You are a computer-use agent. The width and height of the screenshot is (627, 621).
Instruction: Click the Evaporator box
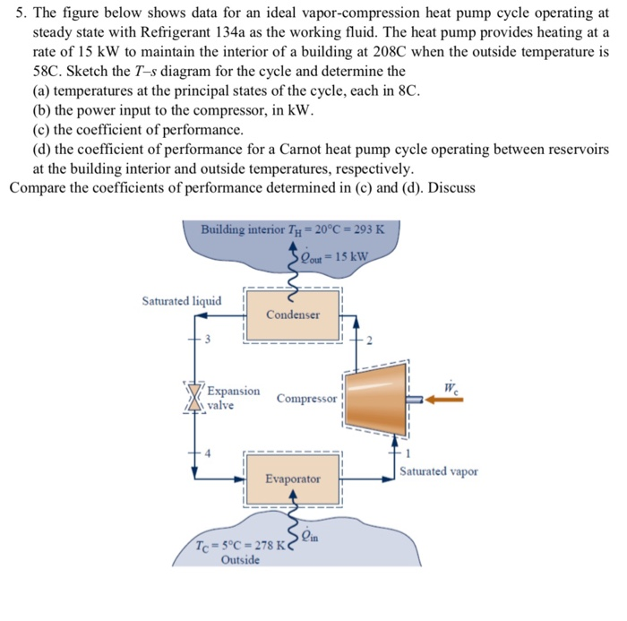click(292, 479)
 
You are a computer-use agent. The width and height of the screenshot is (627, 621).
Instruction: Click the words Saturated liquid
click(182, 301)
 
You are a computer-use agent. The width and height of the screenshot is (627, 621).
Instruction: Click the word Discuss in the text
click(451, 187)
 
